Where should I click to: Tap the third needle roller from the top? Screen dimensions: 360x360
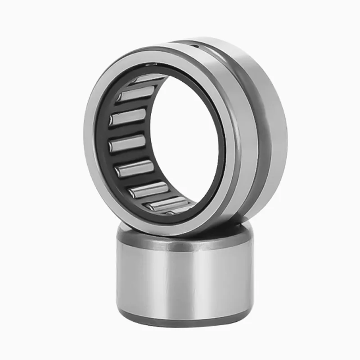[x=128, y=117]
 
